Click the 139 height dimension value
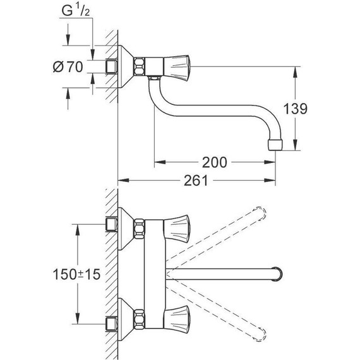(295, 109)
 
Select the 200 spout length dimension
(215, 162)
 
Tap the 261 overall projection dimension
(196, 180)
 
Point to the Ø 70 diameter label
(68, 67)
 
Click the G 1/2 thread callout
(76, 11)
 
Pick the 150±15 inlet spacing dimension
(76, 274)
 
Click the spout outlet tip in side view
(275, 145)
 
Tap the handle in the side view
(176, 68)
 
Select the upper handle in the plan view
(176, 229)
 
